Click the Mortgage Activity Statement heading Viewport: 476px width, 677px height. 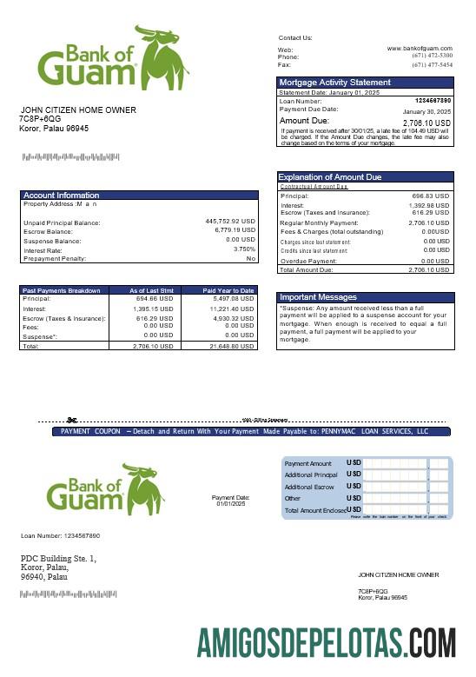[334, 83]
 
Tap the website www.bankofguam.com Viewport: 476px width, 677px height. [420, 49]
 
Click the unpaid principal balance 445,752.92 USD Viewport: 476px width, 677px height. [230, 222]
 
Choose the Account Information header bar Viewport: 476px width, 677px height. [139, 195]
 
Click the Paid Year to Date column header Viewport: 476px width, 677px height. [228, 290]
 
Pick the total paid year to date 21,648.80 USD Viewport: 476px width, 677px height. [232, 345]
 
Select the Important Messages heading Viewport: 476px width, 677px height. [318, 297]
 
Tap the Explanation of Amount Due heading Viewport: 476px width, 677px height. [329, 177]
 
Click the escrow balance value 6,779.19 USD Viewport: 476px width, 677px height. [235, 230]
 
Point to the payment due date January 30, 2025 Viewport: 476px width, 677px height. [427, 112]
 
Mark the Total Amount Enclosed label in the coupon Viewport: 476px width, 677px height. [314, 510]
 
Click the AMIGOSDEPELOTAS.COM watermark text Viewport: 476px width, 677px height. [326, 644]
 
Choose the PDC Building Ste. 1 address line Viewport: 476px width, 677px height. [58, 558]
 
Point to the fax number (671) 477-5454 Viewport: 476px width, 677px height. [432, 64]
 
